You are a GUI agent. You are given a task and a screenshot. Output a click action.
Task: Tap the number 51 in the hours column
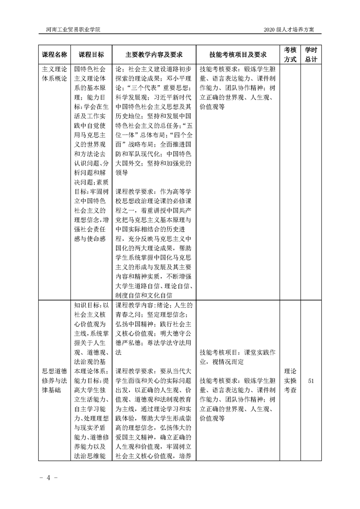311,381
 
